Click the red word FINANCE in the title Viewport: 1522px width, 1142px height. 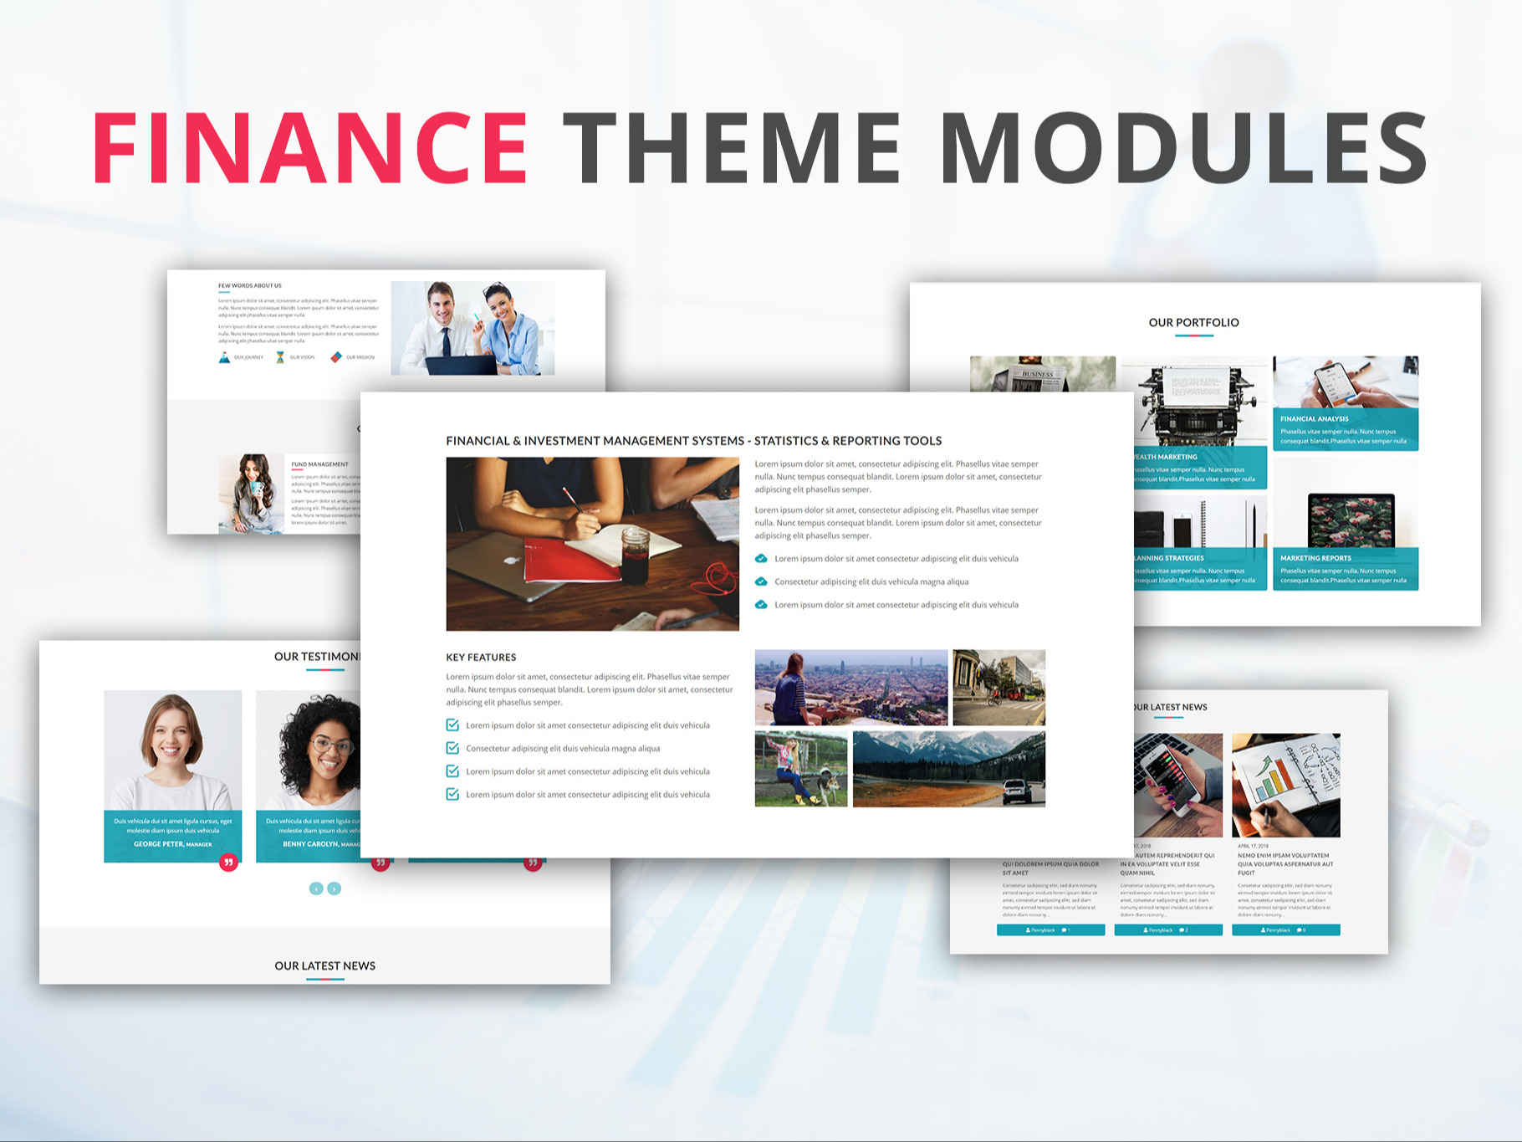click(x=309, y=148)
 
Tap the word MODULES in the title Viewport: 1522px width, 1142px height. click(x=1183, y=148)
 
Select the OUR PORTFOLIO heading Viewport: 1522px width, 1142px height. click(x=1193, y=322)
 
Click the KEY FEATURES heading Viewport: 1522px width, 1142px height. click(x=481, y=658)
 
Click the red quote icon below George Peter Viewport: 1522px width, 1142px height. click(x=228, y=863)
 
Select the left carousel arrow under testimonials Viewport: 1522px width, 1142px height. click(x=316, y=889)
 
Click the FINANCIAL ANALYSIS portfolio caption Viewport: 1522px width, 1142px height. click(x=1314, y=419)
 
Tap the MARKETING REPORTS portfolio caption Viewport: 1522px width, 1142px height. click(x=1315, y=558)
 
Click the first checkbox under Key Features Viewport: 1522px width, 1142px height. click(x=452, y=725)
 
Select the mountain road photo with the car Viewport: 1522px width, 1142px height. click(x=948, y=769)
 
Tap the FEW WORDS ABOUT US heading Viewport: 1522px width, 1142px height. click(x=250, y=286)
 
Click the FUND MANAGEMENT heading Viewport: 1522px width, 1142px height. click(x=319, y=464)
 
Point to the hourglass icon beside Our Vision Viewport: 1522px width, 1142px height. click(x=280, y=357)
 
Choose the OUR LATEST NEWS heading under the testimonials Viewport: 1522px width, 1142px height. click(x=324, y=965)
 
